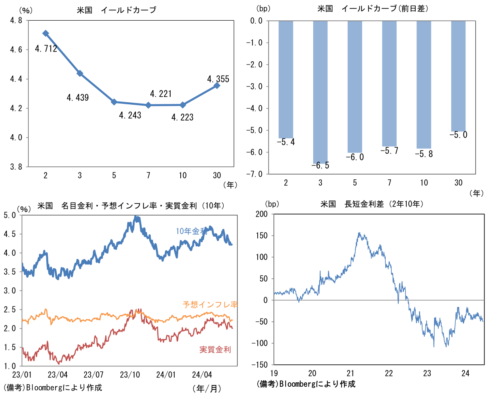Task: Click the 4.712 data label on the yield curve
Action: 46,49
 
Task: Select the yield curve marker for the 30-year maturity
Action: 217,86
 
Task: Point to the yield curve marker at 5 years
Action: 114,102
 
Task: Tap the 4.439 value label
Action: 78,97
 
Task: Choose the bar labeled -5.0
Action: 458,76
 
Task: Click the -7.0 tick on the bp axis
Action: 256,174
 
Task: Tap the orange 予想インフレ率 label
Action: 210,304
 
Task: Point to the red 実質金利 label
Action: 215,349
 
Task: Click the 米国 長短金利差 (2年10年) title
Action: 372,204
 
